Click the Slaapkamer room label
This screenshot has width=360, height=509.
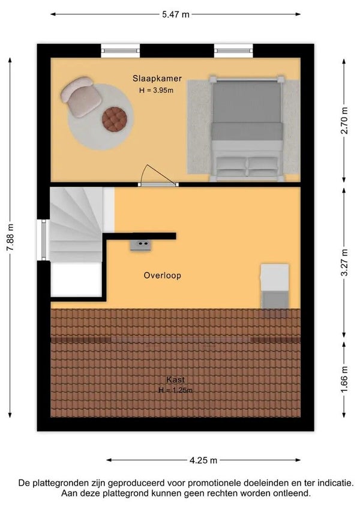157,78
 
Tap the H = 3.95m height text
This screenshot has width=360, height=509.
156,90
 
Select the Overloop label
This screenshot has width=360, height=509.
163,276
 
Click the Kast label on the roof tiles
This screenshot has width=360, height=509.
176,379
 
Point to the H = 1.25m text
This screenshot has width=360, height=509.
175,390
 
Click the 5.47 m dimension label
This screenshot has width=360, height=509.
176,14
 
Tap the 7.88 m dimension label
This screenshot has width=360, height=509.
10,237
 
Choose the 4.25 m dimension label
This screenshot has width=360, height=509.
203,460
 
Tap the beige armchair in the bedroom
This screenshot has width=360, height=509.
81,97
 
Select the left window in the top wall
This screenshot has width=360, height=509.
121,50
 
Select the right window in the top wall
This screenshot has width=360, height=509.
233,50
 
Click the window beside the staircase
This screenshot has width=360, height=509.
44,240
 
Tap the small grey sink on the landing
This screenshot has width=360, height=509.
141,245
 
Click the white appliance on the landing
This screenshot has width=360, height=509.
275,277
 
